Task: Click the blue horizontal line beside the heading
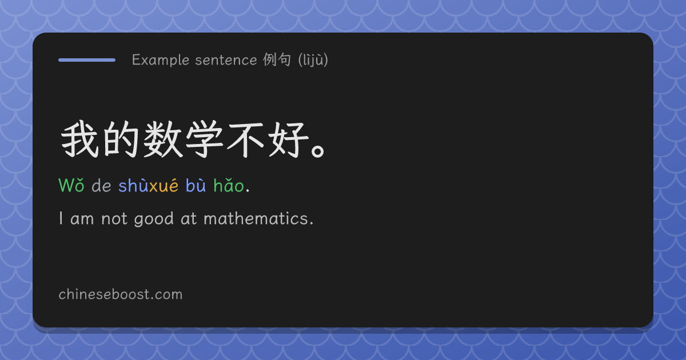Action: click(x=87, y=60)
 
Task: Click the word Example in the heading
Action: click(x=161, y=60)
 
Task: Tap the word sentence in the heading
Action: click(x=226, y=60)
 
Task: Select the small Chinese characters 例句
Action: click(x=277, y=59)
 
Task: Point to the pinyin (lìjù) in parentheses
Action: click(x=313, y=60)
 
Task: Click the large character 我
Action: click(x=79, y=139)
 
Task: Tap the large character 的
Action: click(x=121, y=139)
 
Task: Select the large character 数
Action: click(x=162, y=139)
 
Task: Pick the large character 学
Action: click(x=204, y=139)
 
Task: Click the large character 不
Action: click(x=245, y=140)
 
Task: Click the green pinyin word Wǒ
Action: click(x=71, y=185)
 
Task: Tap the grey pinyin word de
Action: click(x=101, y=186)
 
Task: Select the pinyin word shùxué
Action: click(x=148, y=185)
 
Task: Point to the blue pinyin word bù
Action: click(x=196, y=185)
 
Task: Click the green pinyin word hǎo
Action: click(x=229, y=185)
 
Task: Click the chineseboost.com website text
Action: click(x=121, y=294)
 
